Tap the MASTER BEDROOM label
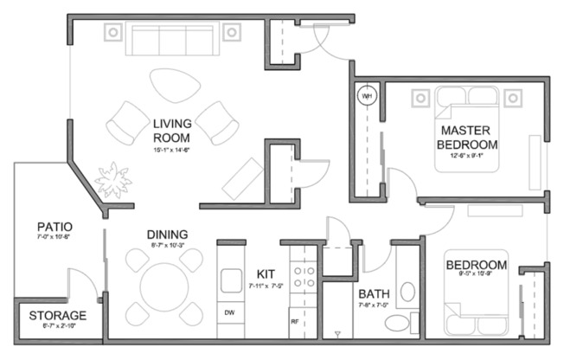[x=466, y=137]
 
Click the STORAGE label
[x=58, y=315]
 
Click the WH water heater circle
[x=366, y=95]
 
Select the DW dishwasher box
[x=230, y=312]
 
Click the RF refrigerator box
[x=294, y=321]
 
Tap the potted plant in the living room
[x=115, y=181]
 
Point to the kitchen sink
[x=231, y=280]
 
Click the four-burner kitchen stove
[x=304, y=276]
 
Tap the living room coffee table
[x=174, y=86]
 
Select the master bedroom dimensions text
[x=466, y=157]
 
